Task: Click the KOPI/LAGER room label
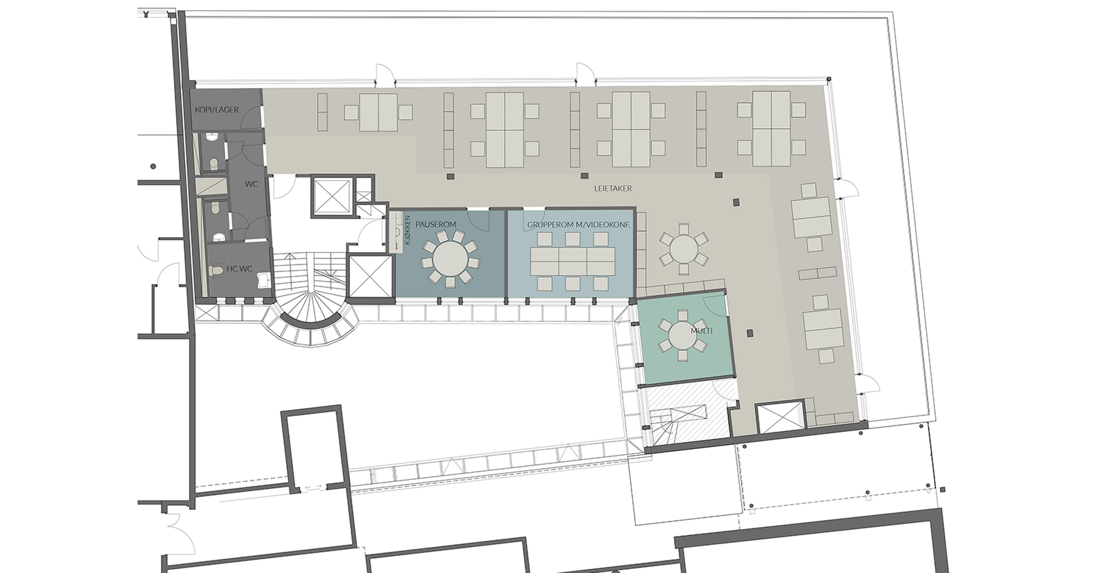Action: (217, 110)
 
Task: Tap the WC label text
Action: (251, 184)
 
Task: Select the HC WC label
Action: (239, 269)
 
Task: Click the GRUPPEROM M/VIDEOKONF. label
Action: (579, 225)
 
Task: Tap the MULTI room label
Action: (702, 331)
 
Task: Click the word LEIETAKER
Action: (613, 188)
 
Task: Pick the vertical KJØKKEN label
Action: (408, 230)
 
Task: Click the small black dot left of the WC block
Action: (153, 166)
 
